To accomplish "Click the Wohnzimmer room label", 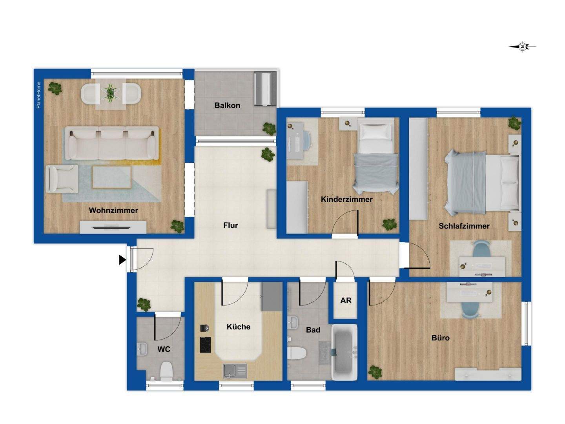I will coord(113,210).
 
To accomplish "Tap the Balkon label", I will coord(227,106).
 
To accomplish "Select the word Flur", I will coord(231,225).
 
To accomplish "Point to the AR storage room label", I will coord(346,301).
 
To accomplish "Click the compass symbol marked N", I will coord(523,47).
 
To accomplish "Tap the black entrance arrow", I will coord(122,260).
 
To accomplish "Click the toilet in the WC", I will coord(166,371).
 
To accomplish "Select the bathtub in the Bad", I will coord(344,352).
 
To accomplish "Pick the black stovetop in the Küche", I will coord(205,345).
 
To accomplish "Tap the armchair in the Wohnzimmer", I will coord(61,179).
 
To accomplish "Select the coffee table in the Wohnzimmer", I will coord(111,177).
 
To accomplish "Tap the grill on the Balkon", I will coord(265,88).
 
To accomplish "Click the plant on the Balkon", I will coord(269,128).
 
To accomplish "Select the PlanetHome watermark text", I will coord(38,95).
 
